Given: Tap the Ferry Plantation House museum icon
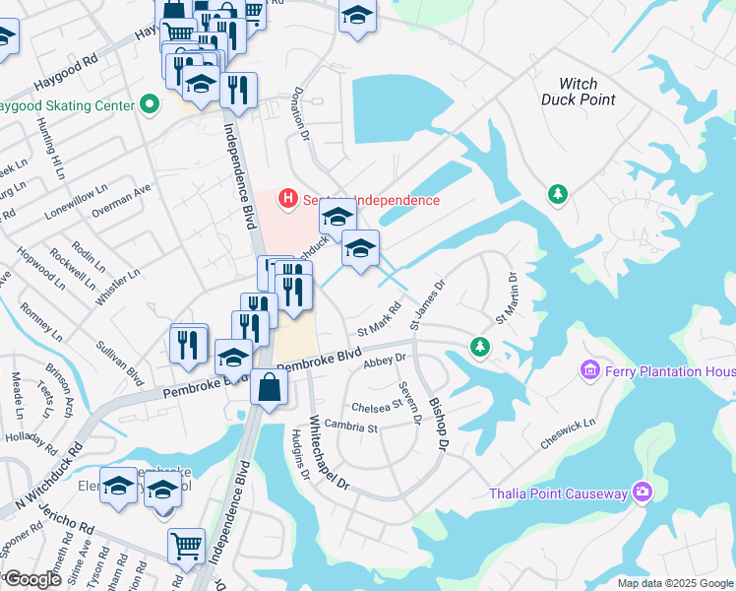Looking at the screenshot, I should point(590,370).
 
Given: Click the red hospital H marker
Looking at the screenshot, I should point(288,198).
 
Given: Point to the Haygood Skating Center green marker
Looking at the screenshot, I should point(150,103).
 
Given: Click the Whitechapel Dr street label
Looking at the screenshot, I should point(329,453).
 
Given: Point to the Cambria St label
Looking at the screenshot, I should point(352,427).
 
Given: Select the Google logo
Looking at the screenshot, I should point(32,578).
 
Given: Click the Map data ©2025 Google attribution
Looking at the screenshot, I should point(674,583).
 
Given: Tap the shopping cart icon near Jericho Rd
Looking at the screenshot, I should point(186,544).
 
